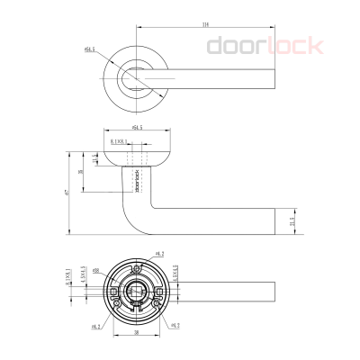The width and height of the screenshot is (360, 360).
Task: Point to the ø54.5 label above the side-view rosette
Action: click(x=137, y=129)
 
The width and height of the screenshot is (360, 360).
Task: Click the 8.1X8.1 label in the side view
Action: click(x=119, y=140)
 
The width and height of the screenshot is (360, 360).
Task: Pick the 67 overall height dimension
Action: click(x=67, y=193)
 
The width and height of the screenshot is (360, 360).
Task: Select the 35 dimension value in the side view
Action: click(x=81, y=173)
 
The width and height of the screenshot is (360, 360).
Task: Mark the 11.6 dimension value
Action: click(x=96, y=159)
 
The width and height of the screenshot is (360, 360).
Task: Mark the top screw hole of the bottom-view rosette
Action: click(x=137, y=267)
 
